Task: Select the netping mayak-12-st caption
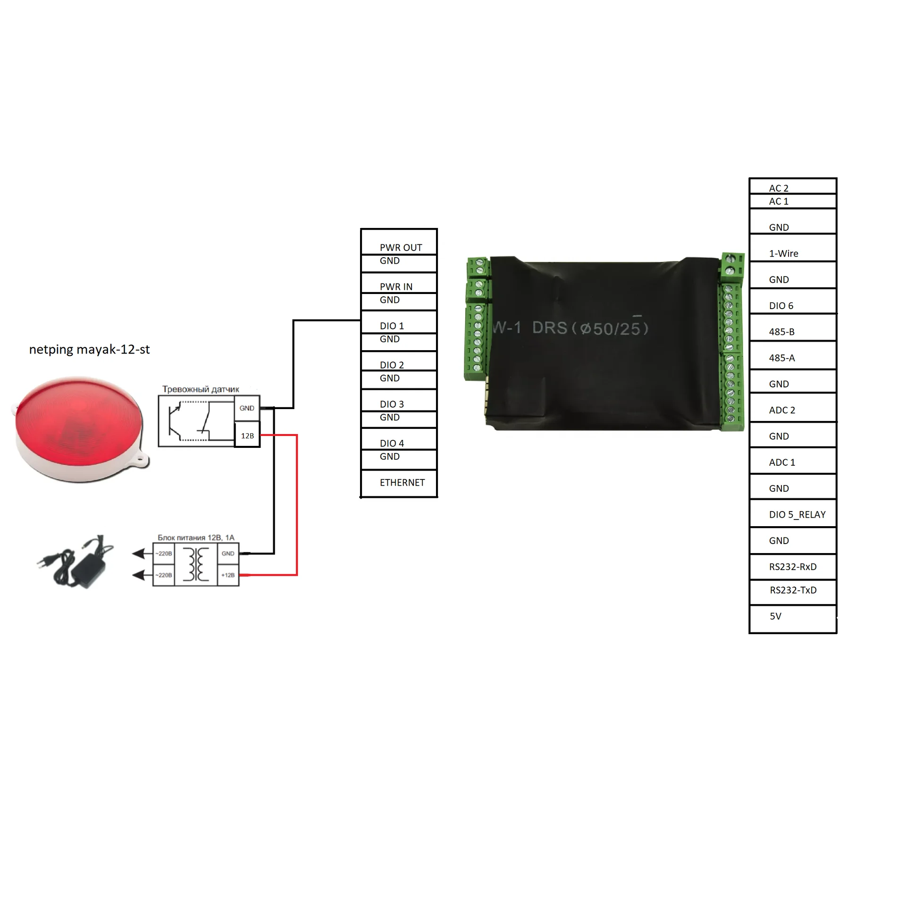click(x=89, y=350)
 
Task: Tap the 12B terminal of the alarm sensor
click(x=247, y=436)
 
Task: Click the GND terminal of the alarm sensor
click(x=247, y=408)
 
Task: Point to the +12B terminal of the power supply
click(x=228, y=575)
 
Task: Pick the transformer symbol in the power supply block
click(x=196, y=564)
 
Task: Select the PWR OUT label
click(x=401, y=248)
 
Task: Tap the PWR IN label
click(x=396, y=287)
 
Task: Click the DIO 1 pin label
click(x=392, y=326)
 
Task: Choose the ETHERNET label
click(x=402, y=483)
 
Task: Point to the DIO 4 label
click(x=392, y=444)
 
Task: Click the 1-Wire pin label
click(x=783, y=254)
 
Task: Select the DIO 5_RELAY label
click(x=797, y=515)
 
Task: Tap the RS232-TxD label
click(x=793, y=590)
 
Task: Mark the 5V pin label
click(x=775, y=616)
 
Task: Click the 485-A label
click(x=781, y=358)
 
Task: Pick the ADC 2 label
click(x=782, y=411)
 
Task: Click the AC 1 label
click(x=779, y=201)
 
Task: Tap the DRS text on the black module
click(x=549, y=327)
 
